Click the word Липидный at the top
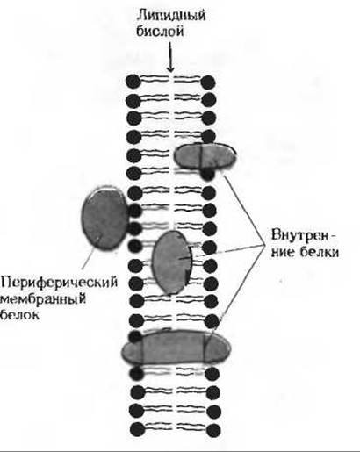click(171, 16)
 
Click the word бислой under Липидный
click(160, 32)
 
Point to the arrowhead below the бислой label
click(170, 68)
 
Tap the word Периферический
click(59, 283)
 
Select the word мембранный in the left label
click(44, 299)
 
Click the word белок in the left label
click(20, 314)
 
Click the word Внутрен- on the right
click(304, 235)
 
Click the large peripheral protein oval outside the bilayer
click(104, 218)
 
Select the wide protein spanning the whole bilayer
click(176, 347)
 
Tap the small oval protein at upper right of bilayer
click(205, 156)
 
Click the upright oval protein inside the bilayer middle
click(172, 262)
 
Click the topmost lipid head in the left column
click(133, 82)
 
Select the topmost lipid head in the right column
click(208, 82)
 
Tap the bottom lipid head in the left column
click(138, 429)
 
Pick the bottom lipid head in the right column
click(212, 430)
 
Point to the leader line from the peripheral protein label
click(89, 257)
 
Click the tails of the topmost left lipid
click(155, 79)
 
